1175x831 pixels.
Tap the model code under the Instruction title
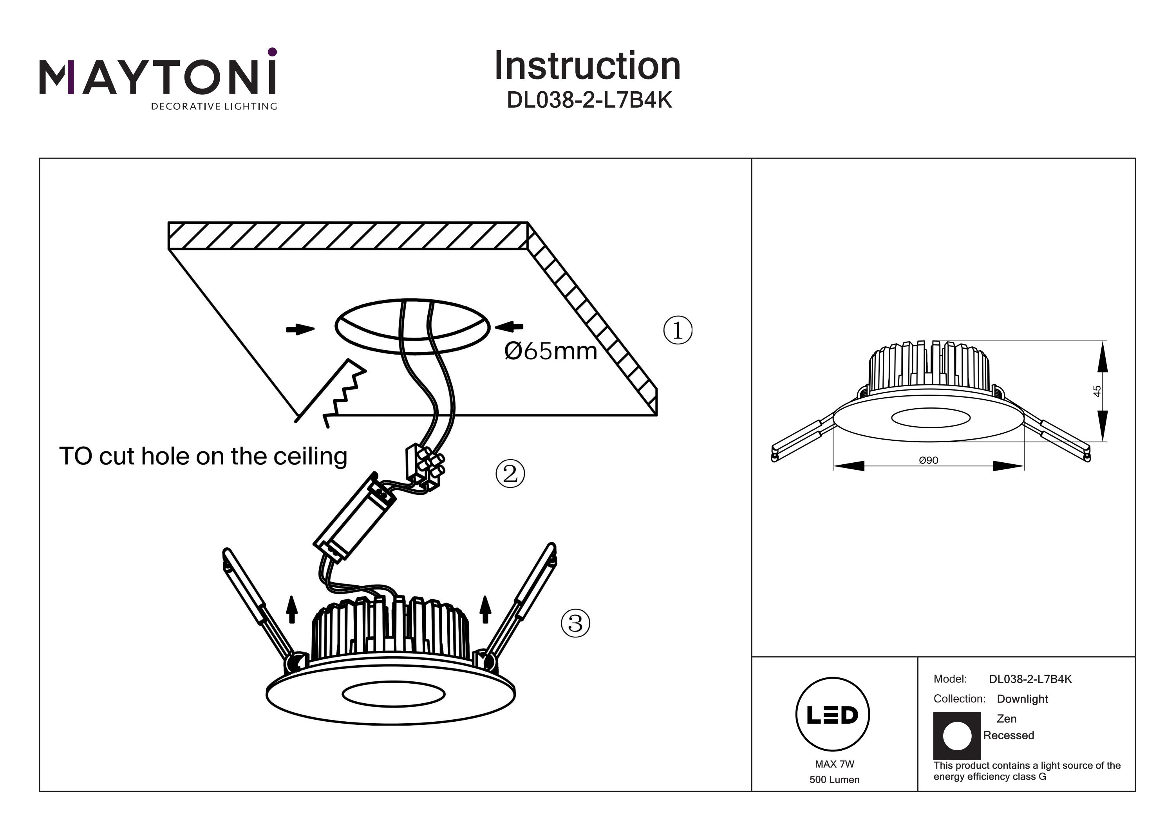[589, 100]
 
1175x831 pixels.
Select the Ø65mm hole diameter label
[551, 351]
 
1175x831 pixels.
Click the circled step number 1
[678, 330]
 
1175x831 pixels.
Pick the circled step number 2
[510, 474]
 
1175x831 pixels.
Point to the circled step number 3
[576, 623]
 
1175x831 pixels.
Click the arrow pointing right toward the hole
[300, 329]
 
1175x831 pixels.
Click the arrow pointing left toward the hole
[509, 326]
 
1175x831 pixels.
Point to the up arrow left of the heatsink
[292, 609]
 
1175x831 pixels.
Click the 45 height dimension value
[1097, 391]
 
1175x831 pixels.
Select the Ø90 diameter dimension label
[928, 460]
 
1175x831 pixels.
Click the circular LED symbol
[833, 714]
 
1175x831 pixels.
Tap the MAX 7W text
[835, 764]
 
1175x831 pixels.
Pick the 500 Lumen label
[835, 780]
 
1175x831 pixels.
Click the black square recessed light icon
[957, 736]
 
